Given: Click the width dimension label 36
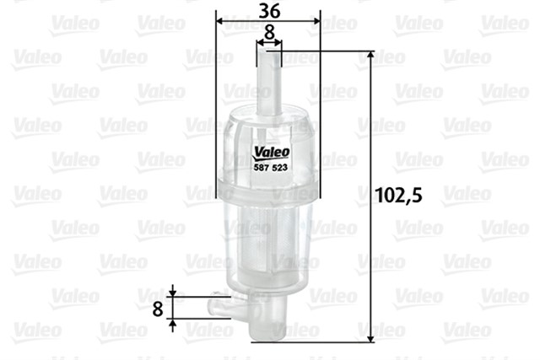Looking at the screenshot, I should [268, 10].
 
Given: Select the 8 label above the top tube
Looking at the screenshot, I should [268, 30].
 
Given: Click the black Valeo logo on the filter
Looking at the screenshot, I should [269, 153].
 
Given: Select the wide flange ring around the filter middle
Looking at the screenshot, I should [268, 179].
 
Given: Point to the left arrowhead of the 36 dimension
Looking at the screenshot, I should [222, 19].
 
